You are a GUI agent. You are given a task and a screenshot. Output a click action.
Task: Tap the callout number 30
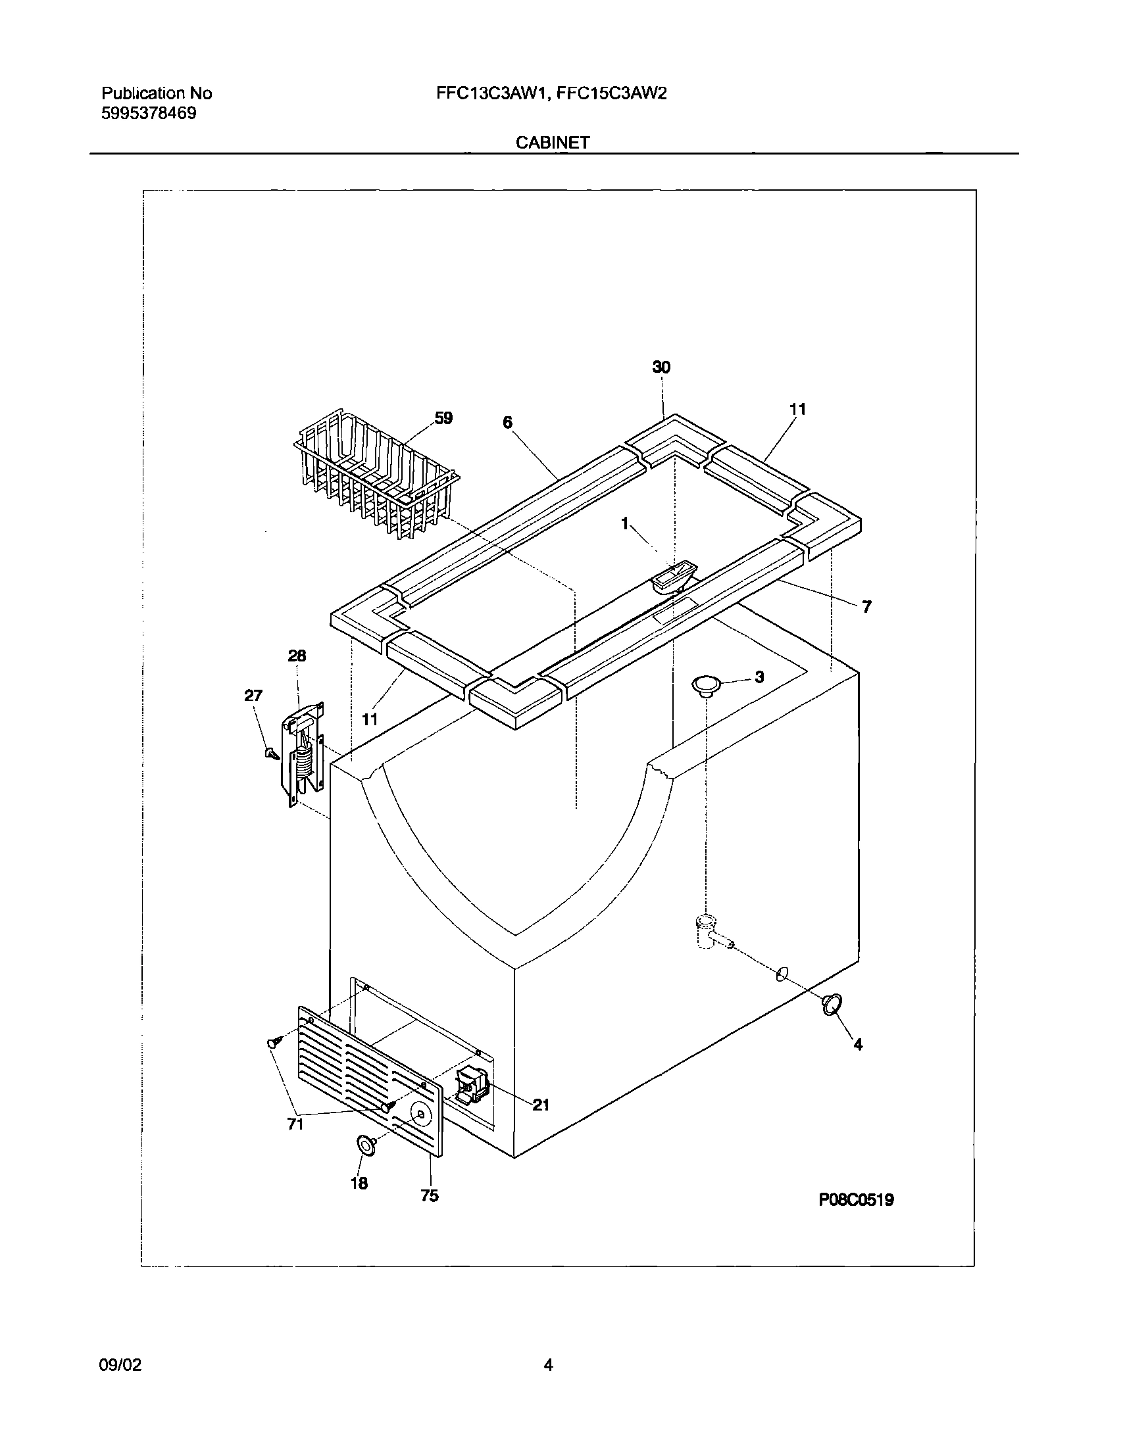click(661, 368)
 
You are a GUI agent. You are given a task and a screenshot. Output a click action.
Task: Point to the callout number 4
click(857, 1044)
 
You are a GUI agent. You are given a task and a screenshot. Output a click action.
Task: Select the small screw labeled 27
click(270, 753)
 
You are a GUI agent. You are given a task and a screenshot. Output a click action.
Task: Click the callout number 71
click(296, 1124)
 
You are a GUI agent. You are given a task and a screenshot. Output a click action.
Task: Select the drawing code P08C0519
click(856, 1200)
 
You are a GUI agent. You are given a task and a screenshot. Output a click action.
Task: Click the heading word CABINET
click(553, 143)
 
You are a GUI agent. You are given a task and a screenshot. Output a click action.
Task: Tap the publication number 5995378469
click(149, 113)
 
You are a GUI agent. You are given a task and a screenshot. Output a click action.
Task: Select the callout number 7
click(866, 608)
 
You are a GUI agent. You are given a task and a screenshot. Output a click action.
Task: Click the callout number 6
click(507, 423)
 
